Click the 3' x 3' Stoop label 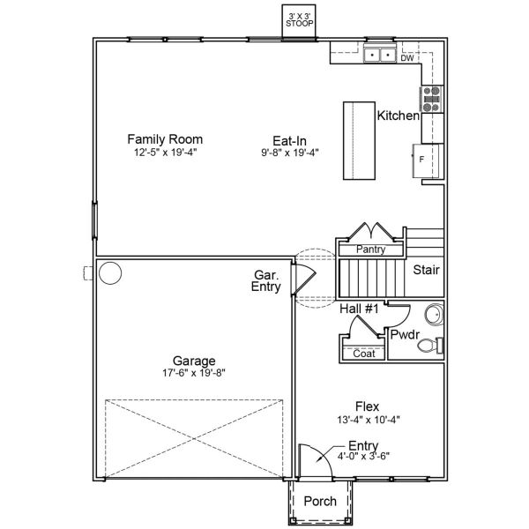pos(300,20)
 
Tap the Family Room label pos(165,139)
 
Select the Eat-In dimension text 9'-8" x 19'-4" pos(289,152)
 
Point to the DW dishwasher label pos(406,58)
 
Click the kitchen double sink pos(380,55)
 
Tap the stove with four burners pos(431,98)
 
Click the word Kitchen pos(399,116)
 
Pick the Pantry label pos(370,250)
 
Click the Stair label pos(426,270)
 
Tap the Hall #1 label pos(359,308)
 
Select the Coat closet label pos(363,354)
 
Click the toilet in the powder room pos(428,345)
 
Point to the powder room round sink pos(434,316)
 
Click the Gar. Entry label pos(266,280)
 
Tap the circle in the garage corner pos(109,272)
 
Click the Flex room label pos(368,406)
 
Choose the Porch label pos(319,501)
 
